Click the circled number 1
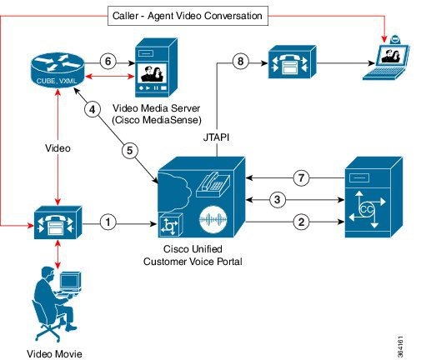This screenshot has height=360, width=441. click(x=107, y=222)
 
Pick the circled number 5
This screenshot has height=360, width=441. click(x=130, y=150)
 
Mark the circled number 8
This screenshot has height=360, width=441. click(x=240, y=61)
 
